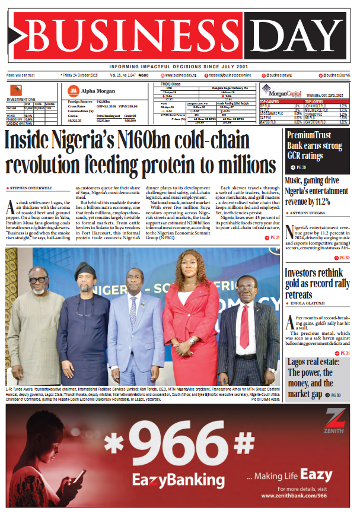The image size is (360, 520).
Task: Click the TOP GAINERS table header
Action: tap(270, 102)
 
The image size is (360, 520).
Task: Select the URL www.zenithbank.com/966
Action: tap(305, 495)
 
